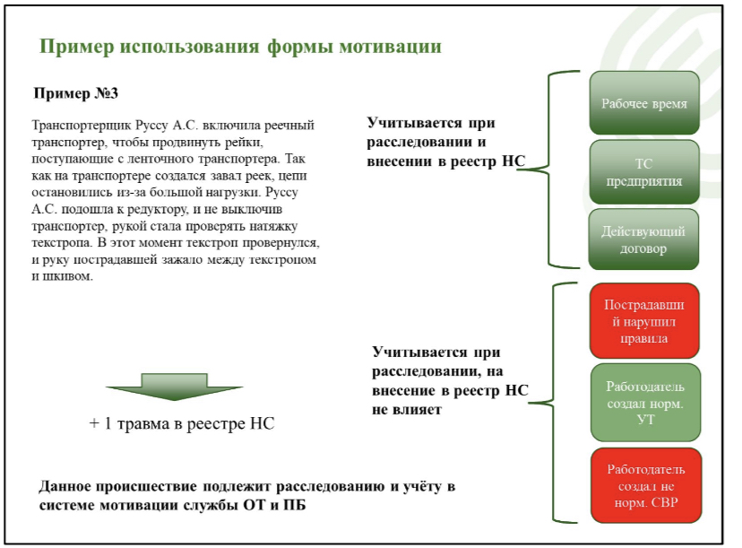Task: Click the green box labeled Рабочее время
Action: click(x=644, y=103)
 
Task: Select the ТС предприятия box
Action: click(x=644, y=172)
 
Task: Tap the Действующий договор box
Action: click(x=643, y=239)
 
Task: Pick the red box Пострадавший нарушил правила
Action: click(x=644, y=321)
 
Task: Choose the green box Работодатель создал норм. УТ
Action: click(x=645, y=403)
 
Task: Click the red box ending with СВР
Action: click(x=646, y=485)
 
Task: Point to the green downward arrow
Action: click(x=174, y=387)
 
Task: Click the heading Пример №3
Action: click(x=75, y=93)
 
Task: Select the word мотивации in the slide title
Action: click(x=390, y=47)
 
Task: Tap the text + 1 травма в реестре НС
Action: click(x=182, y=423)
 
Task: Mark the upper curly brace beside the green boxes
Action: click(x=548, y=170)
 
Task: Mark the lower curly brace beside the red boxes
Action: click(x=553, y=403)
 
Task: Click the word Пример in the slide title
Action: click(x=77, y=47)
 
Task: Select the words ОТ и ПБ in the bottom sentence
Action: click(x=274, y=505)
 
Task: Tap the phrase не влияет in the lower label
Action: click(x=407, y=409)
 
